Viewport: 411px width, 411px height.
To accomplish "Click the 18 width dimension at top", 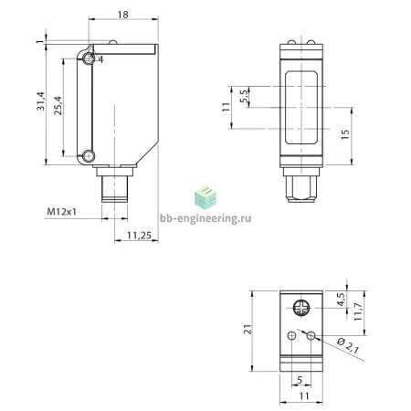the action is (x=123, y=15).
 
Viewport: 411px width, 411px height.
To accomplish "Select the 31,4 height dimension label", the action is (x=41, y=101).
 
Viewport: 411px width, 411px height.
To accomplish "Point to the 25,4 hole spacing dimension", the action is (x=58, y=106).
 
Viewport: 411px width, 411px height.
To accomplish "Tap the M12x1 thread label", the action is (x=61, y=212).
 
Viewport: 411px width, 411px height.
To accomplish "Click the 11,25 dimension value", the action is (x=139, y=236).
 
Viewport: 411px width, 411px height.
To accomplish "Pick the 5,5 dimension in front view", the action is (x=244, y=96).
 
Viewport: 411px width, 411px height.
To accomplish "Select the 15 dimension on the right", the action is (x=345, y=134).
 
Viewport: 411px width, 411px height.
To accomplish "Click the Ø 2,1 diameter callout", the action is (x=348, y=345).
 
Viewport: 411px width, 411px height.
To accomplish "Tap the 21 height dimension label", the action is (x=248, y=329).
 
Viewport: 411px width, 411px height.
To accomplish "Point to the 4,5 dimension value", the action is (x=341, y=300).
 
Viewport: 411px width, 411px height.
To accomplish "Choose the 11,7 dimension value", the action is (x=358, y=311).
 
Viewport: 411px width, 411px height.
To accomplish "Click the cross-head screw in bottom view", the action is (x=301, y=308).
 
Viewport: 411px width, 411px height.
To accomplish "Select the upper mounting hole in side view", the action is (x=89, y=58).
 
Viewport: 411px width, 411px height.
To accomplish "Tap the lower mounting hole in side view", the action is (x=89, y=156).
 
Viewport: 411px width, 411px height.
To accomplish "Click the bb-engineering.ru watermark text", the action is (x=205, y=218).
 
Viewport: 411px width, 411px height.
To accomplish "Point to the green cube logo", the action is (x=205, y=197).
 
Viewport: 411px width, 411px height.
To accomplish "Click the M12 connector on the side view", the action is (x=114, y=184).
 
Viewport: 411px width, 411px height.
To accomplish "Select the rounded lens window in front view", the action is (x=301, y=108).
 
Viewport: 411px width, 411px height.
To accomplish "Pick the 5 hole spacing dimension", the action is (x=300, y=380).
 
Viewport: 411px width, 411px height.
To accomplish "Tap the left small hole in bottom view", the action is (x=291, y=336).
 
